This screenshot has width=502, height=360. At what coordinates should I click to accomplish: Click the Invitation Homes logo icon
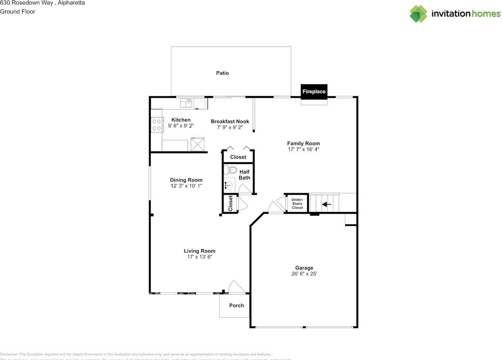(418, 14)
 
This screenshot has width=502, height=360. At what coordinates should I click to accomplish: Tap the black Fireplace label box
(314, 91)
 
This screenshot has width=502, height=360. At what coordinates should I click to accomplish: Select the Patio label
(222, 73)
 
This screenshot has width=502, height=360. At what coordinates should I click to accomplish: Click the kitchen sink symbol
(186, 103)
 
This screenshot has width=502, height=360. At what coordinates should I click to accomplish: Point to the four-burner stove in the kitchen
(156, 125)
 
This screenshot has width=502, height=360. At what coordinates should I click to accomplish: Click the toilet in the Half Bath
(230, 170)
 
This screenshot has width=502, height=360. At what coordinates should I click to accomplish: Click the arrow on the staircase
(327, 204)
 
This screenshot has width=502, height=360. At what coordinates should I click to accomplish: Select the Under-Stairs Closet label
(297, 204)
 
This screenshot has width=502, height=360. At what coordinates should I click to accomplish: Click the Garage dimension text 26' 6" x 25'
(304, 274)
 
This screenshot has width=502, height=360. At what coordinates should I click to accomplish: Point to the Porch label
(236, 305)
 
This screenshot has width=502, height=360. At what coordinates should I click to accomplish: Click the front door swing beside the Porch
(236, 287)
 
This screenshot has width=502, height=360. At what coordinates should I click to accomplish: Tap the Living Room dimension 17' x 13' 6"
(200, 257)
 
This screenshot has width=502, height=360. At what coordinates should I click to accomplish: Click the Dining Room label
(186, 180)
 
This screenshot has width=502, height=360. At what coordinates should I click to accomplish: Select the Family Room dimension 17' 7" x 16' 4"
(303, 149)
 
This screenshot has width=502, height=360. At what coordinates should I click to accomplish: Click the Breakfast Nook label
(230, 121)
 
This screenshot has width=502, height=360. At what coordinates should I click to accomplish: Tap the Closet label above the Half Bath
(238, 157)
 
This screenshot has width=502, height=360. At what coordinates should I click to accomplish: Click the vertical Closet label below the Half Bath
(231, 204)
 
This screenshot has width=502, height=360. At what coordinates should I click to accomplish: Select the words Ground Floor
(18, 11)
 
